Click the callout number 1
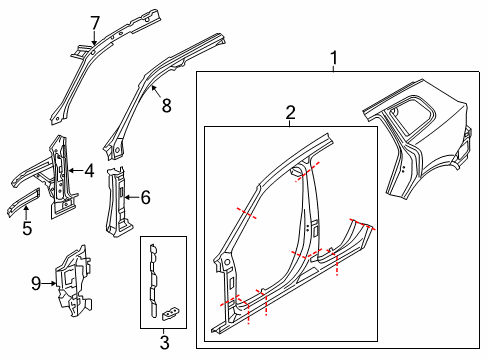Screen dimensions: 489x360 tap(334, 58)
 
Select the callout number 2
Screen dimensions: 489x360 tap(290, 113)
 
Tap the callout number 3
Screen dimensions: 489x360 tap(164, 343)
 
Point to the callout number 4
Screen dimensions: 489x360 tap(89, 171)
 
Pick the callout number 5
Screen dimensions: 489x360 tap(27, 228)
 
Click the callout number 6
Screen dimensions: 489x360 tap(146, 197)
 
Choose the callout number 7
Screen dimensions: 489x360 tap(95, 23)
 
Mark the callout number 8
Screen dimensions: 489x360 tap(166, 106)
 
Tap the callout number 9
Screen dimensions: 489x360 tap(36, 284)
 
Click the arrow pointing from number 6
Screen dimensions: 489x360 tap(131, 197)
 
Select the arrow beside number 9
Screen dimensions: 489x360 tap(49, 284)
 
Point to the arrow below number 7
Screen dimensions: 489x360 tap(95, 38)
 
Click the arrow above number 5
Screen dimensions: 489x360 tap(27, 213)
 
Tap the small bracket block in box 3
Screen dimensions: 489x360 tap(170, 313)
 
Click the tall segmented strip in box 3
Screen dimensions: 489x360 tap(153, 281)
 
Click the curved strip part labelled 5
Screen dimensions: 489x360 tap(23, 203)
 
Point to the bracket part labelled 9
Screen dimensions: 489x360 tap(73, 281)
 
